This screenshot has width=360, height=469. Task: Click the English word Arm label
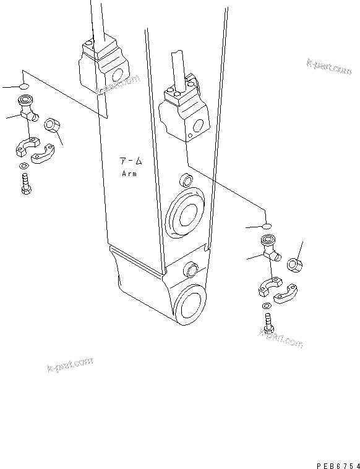[x=131, y=174]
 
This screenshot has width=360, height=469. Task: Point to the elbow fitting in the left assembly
[x=28, y=108]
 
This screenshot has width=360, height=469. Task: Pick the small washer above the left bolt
[x=23, y=166]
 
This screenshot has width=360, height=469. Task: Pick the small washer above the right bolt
[x=266, y=306]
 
